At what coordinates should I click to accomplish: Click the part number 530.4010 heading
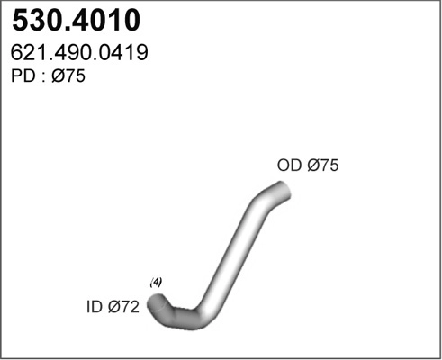coord(75,22)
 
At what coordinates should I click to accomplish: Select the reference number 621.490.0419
coord(79,54)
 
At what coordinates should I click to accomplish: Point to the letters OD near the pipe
coord(289,166)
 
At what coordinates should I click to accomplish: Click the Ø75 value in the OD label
coord(321,166)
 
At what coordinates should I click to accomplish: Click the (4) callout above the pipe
coord(156,283)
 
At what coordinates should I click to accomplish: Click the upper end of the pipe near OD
coord(282,190)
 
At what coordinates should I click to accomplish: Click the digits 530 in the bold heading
coord(35,22)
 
